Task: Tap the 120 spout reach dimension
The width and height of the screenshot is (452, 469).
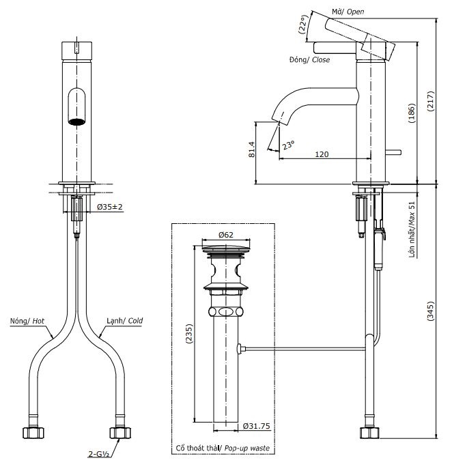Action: [x=322, y=154]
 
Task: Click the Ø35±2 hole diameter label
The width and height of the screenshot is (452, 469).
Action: [x=109, y=205]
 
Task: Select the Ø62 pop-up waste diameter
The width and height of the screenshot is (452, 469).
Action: [x=227, y=235]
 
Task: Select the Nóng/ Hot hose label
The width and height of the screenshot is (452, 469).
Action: [x=27, y=320]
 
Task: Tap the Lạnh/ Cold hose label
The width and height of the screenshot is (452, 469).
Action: [x=125, y=320]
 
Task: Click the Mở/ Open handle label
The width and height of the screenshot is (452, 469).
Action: [x=348, y=12]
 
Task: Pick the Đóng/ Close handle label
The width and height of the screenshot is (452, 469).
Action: [x=309, y=60]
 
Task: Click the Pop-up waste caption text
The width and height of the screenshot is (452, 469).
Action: [x=222, y=449]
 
